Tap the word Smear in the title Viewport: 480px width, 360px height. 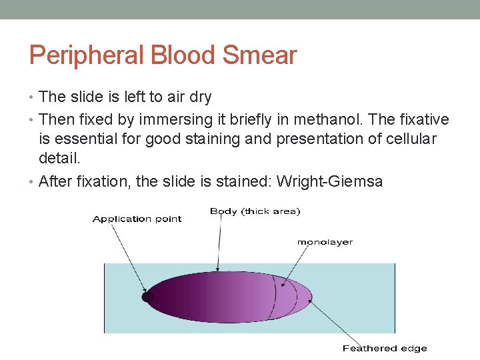tap(259, 55)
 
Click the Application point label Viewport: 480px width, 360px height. tap(137, 219)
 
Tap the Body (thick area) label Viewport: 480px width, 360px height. tap(255, 211)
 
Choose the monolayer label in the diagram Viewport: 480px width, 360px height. tap(325, 242)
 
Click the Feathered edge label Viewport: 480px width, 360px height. tap(384, 348)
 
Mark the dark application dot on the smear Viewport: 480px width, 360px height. tap(148, 297)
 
